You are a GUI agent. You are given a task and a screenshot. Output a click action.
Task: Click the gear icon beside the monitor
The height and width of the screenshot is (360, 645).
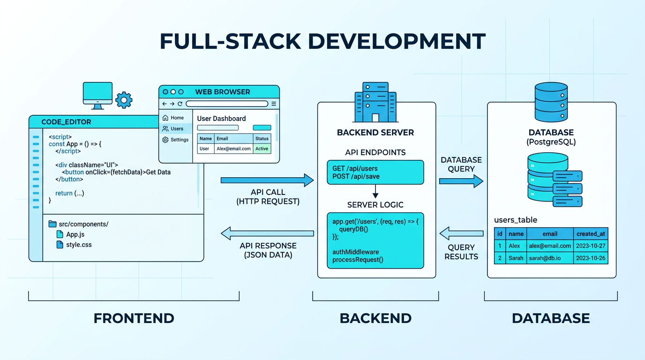point(124,100)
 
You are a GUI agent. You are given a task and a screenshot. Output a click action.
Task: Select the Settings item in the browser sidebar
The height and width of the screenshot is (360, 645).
point(175,140)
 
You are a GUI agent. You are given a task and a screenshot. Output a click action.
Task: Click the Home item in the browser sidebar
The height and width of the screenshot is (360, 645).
point(173,118)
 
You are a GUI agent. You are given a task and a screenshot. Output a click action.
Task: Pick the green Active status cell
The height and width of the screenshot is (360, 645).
point(262,149)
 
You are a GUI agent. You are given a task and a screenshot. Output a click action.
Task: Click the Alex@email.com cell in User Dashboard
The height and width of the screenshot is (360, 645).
point(233,149)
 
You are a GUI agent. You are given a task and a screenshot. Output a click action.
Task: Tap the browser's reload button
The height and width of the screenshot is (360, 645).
point(180,104)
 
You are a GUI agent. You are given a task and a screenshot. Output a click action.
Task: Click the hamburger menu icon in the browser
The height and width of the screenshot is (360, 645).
point(274,104)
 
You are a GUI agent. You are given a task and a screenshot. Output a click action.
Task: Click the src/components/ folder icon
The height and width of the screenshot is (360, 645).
point(52,224)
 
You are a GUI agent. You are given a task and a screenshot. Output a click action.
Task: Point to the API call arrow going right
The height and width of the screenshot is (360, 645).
point(267,180)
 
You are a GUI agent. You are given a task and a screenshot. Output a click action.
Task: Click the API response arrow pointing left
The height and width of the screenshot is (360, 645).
point(267,233)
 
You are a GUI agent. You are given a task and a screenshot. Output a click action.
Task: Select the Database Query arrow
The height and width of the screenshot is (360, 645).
point(461,181)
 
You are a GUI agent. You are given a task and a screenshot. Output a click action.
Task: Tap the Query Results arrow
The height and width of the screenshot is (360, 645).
point(461,233)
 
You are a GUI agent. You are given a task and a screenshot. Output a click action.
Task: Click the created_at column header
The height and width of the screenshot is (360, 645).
point(590,233)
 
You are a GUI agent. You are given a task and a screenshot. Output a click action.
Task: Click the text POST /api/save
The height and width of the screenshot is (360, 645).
point(356,176)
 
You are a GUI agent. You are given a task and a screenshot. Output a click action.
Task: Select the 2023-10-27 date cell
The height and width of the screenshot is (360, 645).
point(590,246)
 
